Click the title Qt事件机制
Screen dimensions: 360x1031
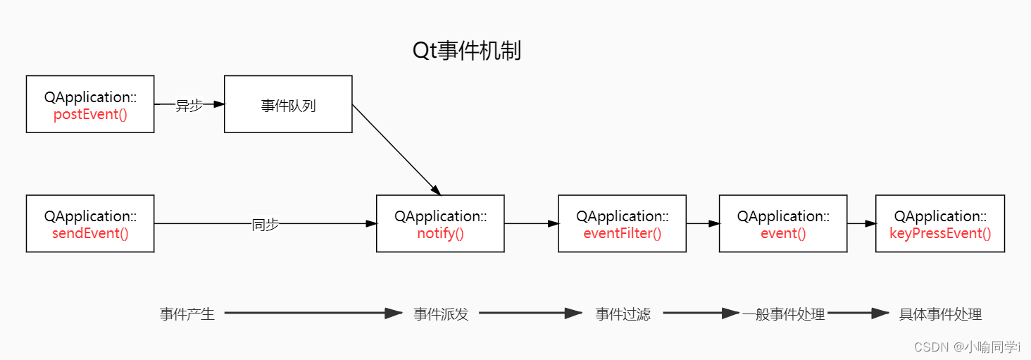[466, 51]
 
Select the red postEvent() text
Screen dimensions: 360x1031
[90, 114]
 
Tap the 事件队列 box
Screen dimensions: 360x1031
[288, 106]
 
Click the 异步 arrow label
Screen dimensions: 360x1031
[188, 105]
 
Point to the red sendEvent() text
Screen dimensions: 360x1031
[90, 234]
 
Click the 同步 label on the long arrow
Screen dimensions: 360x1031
[265, 225]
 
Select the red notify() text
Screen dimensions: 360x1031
[440, 234]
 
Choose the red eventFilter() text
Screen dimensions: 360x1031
[622, 234]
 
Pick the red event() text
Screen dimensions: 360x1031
[783, 234]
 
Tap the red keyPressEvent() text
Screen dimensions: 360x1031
[940, 234]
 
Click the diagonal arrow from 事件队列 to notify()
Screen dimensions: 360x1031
[396, 149]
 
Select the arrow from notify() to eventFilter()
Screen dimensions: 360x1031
[531, 224]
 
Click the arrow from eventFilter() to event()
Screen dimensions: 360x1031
[703, 224]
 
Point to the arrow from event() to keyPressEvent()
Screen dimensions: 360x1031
[861, 224]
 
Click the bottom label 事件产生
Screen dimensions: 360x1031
[187, 314]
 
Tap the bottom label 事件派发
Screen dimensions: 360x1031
[440, 314]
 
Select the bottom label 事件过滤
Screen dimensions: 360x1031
[623, 314]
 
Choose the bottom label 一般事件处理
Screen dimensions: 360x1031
[783, 314]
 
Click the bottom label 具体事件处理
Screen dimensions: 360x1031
[940, 314]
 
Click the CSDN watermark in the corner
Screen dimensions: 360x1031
[967, 347]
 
